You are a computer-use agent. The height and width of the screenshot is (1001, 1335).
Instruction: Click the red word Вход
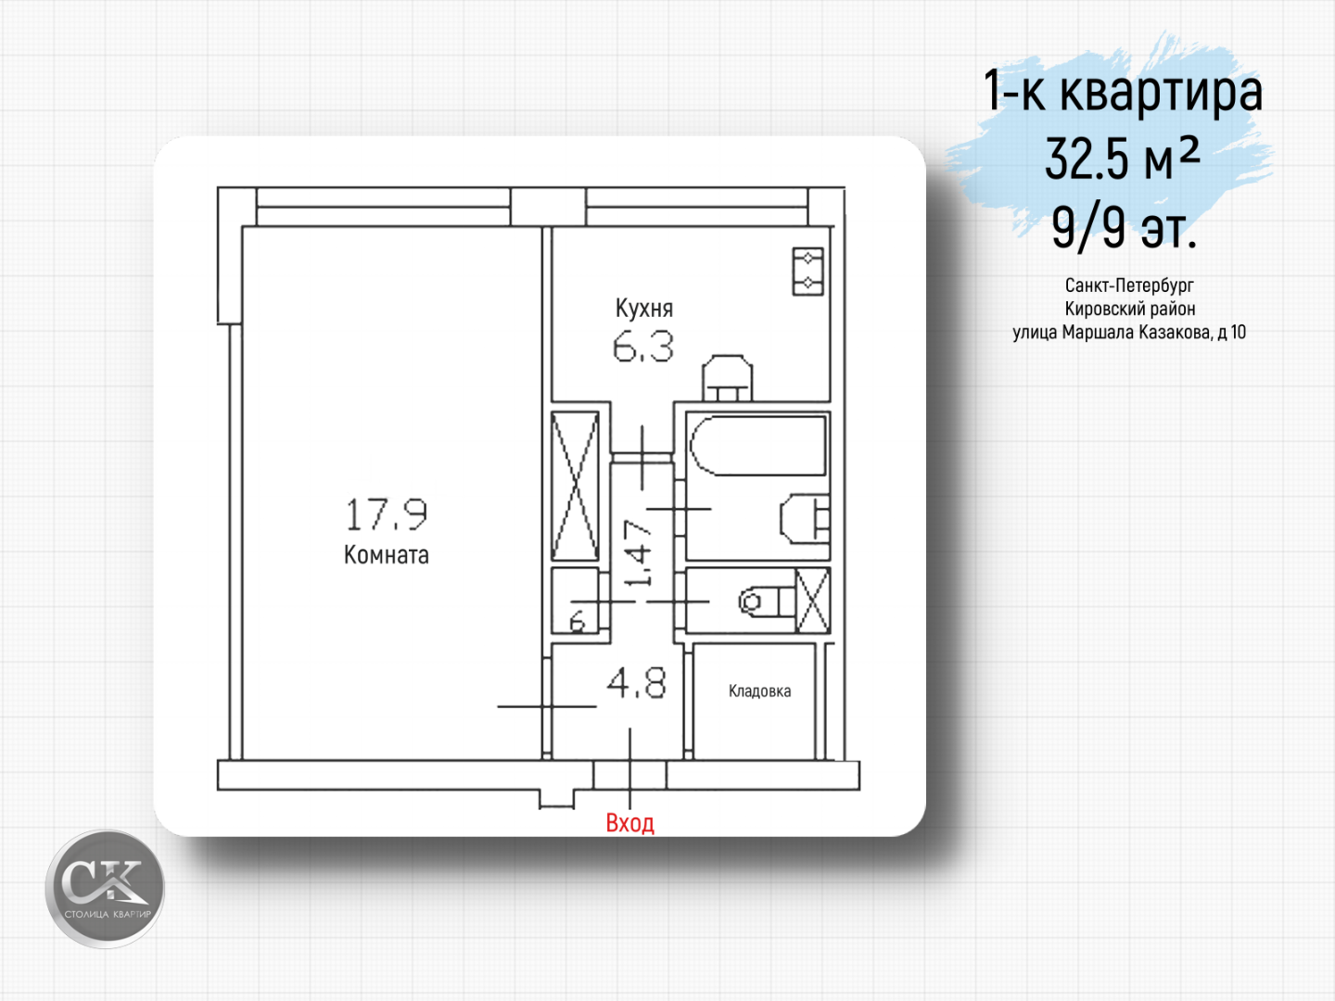click(x=629, y=823)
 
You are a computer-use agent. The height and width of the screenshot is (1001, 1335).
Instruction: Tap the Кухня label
click(x=644, y=308)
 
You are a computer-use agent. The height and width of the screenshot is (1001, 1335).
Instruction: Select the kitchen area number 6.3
click(x=642, y=348)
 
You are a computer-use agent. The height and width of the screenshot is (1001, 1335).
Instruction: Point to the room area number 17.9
click(x=387, y=514)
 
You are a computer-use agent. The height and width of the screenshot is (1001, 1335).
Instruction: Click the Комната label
click(x=387, y=554)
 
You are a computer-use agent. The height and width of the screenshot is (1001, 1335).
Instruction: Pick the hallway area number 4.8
click(x=636, y=682)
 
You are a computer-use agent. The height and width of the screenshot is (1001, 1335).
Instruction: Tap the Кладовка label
click(x=759, y=691)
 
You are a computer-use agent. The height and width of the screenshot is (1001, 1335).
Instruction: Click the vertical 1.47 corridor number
click(x=639, y=553)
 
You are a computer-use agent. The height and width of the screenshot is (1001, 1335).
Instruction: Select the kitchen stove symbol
click(x=807, y=271)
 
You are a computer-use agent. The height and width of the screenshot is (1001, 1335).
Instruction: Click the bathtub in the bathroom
click(x=757, y=446)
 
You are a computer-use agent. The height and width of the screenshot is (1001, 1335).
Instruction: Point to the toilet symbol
click(x=767, y=602)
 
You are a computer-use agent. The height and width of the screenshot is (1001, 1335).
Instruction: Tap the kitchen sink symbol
click(x=728, y=378)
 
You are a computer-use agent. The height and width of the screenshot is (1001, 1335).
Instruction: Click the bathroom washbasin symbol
click(x=805, y=518)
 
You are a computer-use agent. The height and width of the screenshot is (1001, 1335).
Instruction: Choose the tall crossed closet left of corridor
click(x=575, y=487)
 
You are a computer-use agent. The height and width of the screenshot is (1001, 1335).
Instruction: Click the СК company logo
click(x=105, y=888)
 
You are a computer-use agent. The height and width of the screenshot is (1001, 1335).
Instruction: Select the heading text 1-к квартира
click(x=1123, y=91)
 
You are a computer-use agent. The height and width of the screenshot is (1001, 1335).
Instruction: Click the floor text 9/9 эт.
click(x=1124, y=227)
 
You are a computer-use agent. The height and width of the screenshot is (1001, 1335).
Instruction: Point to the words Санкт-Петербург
click(x=1129, y=285)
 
